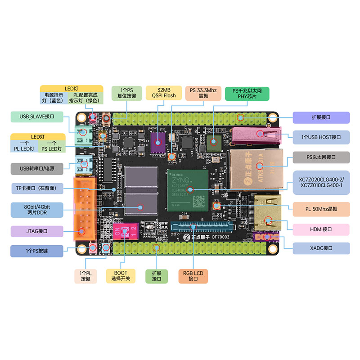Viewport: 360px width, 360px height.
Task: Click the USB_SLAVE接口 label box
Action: pyautogui.click(x=37, y=117)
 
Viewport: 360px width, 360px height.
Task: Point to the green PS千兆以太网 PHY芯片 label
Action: pyautogui.click(x=247, y=94)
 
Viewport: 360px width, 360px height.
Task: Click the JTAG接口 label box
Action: pyautogui.click(x=37, y=231)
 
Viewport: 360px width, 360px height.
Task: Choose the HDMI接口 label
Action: pyautogui.click(x=321, y=229)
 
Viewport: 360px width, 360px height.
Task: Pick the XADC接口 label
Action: pyautogui.click(x=321, y=248)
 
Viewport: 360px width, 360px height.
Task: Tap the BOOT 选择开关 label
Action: pyautogui.click(x=121, y=276)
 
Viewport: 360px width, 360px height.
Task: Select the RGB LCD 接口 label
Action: pyautogui.click(x=193, y=276)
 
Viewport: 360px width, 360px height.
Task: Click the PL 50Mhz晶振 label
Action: pyautogui.click(x=321, y=208)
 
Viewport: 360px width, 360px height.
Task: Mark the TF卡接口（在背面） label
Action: pyautogui.click(x=37, y=188)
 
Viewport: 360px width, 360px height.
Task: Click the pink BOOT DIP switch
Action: pyautogui.click(x=128, y=232)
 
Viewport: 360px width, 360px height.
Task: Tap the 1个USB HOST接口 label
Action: pyautogui.click(x=321, y=137)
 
